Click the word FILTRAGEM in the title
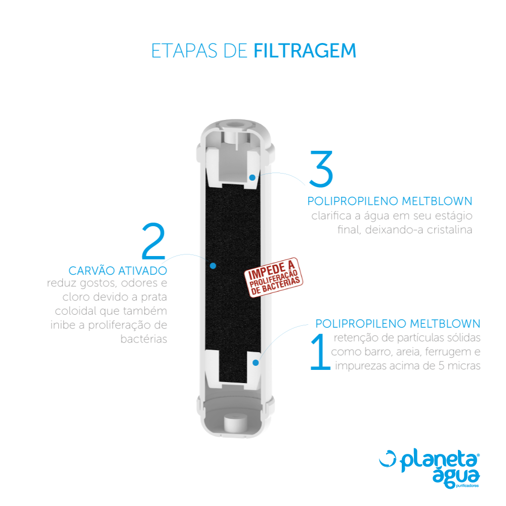[305, 51]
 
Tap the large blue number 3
[321, 169]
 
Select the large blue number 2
[154, 241]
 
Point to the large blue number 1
[320, 352]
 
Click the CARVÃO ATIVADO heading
[118, 270]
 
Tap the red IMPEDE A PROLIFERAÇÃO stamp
[274, 277]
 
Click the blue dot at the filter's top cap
[252, 178]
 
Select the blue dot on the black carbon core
[213, 266]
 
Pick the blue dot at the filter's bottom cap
[256, 363]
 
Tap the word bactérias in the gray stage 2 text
[144, 339]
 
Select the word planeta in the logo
[439, 460]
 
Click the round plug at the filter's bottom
[235, 423]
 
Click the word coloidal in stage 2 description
[75, 311]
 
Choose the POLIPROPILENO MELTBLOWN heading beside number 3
[390, 201]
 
